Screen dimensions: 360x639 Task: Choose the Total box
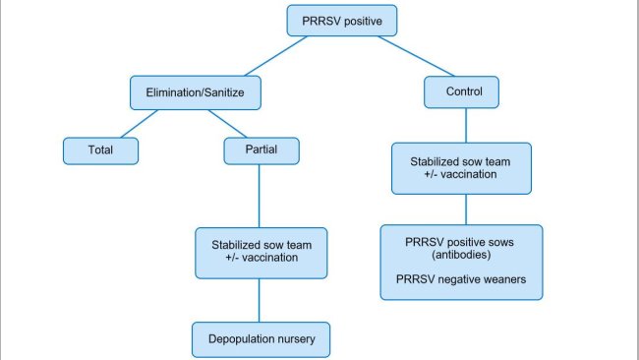100,150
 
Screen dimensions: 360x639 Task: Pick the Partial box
259,150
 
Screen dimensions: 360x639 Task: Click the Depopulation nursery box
260,339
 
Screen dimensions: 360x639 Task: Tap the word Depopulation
241,339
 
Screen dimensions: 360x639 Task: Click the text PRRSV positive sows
461,239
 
